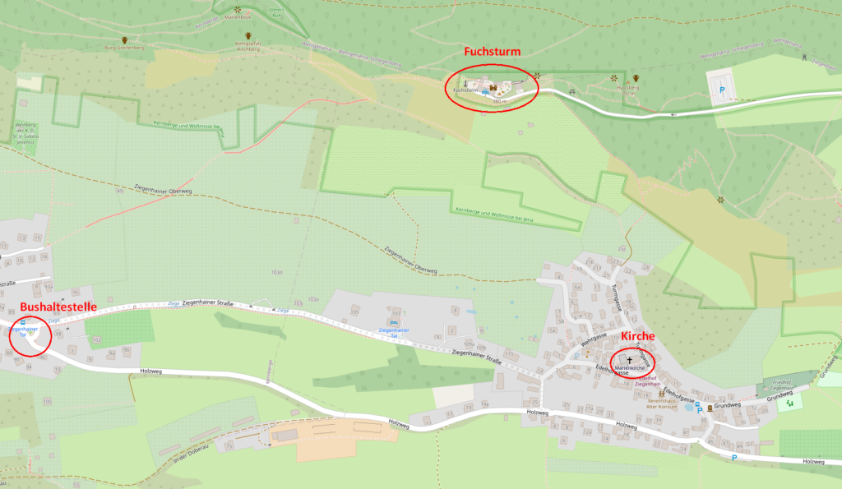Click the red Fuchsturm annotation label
tap(492, 51)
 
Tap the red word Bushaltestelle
tap(58, 307)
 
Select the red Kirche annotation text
tap(637, 337)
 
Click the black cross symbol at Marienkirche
tap(631, 360)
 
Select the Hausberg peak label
tap(629, 90)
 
